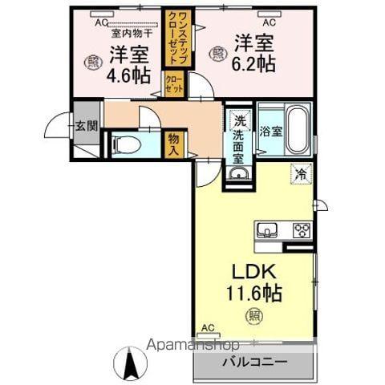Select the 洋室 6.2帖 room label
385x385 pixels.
coord(254,53)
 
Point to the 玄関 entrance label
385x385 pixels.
coord(86,125)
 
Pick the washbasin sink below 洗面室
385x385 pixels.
coord(238,174)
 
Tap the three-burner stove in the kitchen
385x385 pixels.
coord(301,231)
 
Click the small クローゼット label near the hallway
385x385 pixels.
coord(174,83)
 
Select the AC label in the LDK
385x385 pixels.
coord(208,328)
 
